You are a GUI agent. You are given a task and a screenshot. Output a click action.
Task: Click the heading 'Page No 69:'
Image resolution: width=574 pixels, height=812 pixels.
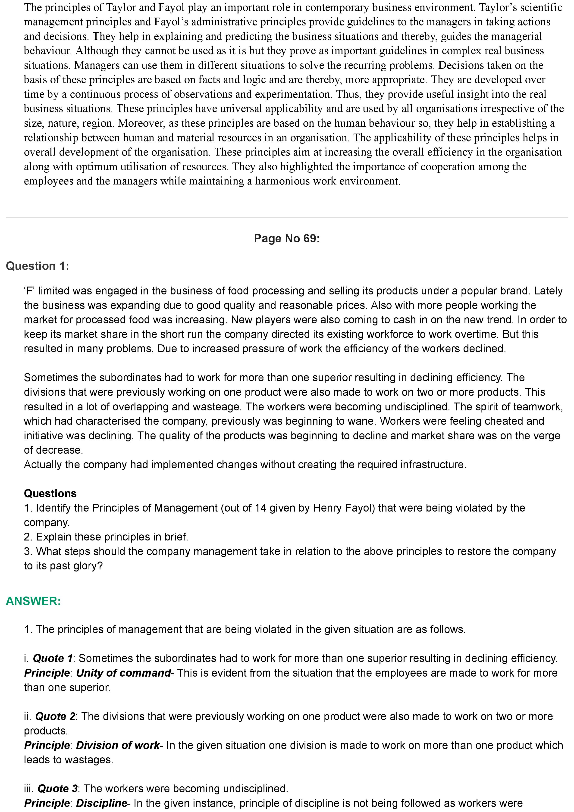click(286, 239)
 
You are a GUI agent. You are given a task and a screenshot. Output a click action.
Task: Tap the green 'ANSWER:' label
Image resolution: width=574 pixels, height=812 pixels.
click(33, 601)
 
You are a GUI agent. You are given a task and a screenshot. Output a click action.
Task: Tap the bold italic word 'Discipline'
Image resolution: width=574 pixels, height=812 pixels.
click(101, 803)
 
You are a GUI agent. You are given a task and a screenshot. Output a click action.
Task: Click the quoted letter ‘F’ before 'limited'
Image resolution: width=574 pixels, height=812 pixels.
click(30, 291)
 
